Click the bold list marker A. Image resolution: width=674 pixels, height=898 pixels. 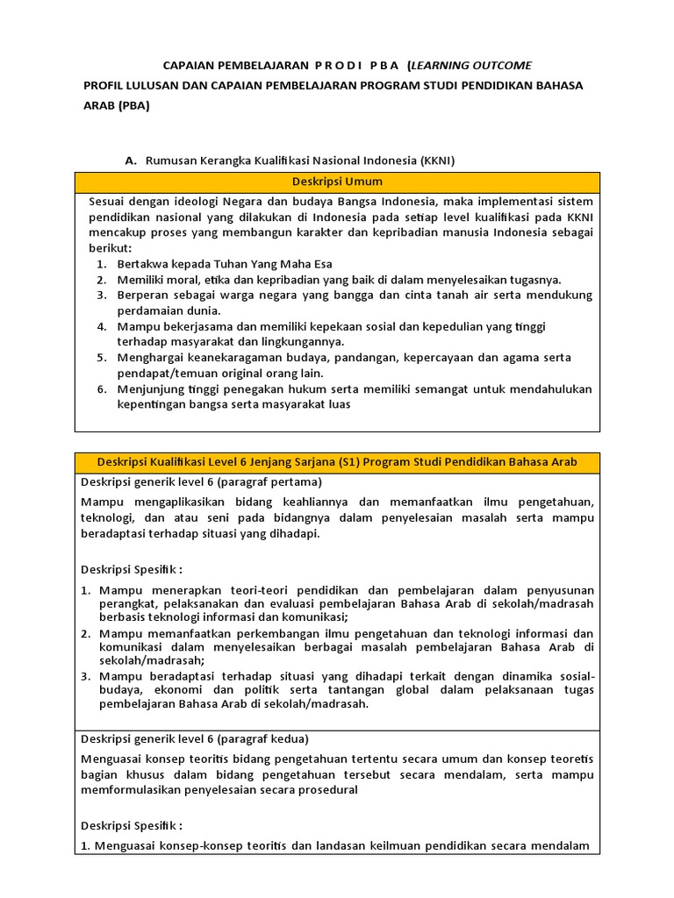click(x=131, y=160)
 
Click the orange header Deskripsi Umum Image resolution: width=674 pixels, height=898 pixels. click(x=337, y=182)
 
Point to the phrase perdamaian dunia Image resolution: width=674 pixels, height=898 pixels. click(x=168, y=310)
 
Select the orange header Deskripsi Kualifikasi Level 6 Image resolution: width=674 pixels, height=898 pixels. click(x=337, y=462)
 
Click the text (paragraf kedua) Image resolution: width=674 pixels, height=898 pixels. click(x=263, y=738)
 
